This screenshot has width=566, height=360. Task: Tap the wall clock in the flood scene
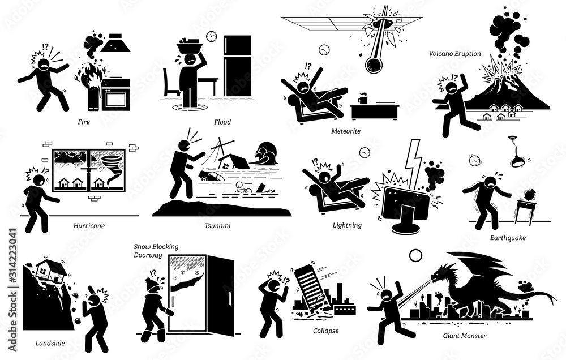point(211,36)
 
